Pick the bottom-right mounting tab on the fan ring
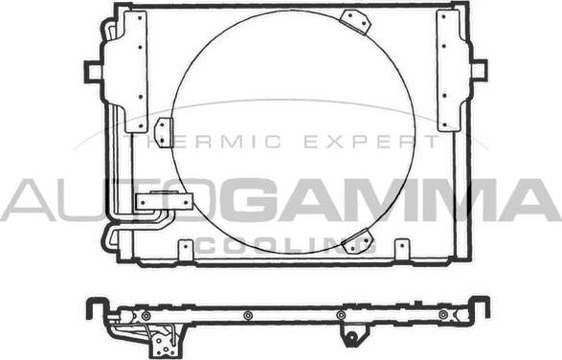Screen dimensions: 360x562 point(357,242)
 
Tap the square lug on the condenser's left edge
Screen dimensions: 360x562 point(93,71)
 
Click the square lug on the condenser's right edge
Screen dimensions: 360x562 point(478,69)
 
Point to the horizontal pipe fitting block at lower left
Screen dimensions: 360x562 point(164,202)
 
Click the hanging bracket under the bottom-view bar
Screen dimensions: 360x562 point(352,335)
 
